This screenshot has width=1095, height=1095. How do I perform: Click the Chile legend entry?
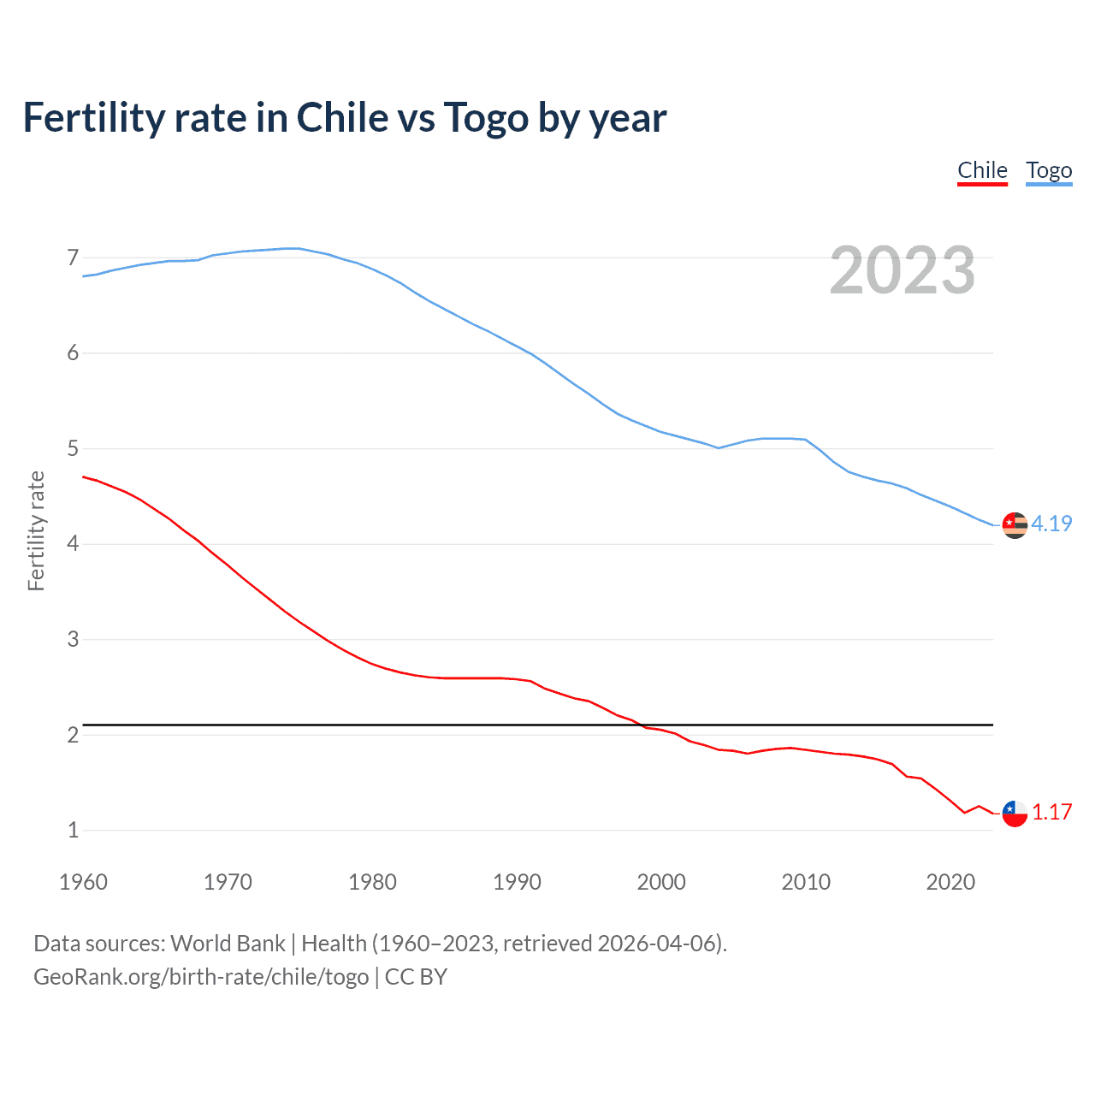(982, 171)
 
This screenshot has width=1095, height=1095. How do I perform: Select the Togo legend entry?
(1049, 171)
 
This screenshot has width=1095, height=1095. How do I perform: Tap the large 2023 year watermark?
(903, 270)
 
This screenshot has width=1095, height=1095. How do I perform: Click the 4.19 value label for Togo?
(1051, 524)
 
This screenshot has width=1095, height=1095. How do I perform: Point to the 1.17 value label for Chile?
(1051, 812)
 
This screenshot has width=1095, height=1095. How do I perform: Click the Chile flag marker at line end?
(1015, 814)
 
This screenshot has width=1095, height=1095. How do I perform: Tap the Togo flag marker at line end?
(1015, 525)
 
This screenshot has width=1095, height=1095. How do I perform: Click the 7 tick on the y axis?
(73, 257)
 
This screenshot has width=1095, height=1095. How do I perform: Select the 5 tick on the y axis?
(73, 448)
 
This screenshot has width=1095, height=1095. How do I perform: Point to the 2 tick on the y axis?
(73, 735)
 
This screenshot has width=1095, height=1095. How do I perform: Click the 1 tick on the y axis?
(73, 830)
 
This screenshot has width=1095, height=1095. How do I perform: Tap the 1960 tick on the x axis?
(83, 882)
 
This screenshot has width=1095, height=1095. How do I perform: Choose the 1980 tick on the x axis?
(372, 882)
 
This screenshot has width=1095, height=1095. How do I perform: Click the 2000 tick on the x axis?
(661, 882)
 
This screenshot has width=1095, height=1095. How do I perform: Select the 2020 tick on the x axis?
(950, 882)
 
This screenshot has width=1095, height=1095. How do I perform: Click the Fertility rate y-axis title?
(36, 530)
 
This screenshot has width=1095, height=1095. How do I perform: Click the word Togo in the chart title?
(486, 118)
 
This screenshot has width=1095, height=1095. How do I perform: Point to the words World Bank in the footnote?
(228, 944)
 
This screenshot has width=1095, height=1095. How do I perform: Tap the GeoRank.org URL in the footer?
(201, 977)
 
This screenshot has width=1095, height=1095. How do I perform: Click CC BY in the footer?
(416, 977)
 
